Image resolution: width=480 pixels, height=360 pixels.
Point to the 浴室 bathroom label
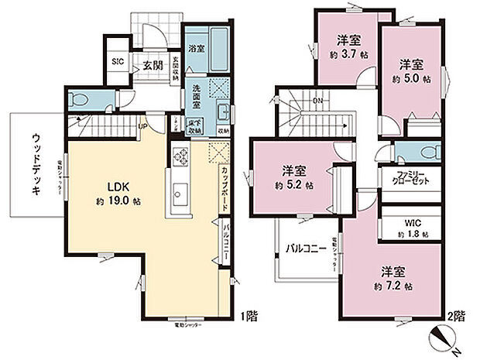click(197, 48)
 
